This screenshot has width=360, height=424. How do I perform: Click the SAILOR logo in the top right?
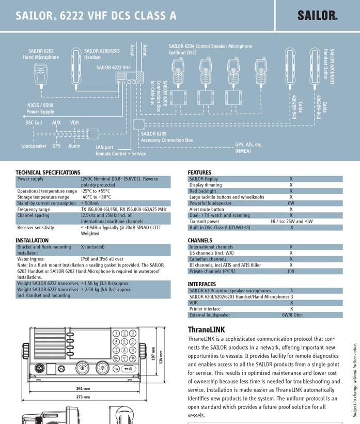(x=317, y=15)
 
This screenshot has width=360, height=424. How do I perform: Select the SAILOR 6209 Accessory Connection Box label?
(x=166, y=137)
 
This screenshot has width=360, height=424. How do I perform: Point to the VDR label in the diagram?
(x=74, y=122)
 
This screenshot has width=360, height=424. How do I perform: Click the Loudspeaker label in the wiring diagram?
(x=34, y=146)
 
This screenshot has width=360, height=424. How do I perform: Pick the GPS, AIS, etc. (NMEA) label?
(x=248, y=148)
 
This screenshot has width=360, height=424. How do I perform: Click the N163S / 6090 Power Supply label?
(x=40, y=108)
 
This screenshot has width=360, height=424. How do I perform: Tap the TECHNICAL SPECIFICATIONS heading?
(x=48, y=172)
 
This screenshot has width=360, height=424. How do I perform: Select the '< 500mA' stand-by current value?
(x=90, y=203)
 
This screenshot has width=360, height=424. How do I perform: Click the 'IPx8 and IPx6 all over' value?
(x=102, y=259)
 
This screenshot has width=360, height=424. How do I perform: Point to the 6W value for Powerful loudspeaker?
(x=291, y=203)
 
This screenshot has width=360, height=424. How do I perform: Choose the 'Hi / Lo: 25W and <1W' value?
(x=291, y=222)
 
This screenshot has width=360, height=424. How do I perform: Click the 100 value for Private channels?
(x=291, y=271)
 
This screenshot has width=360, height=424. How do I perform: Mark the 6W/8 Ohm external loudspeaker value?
(x=292, y=315)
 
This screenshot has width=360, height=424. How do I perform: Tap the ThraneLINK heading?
(x=206, y=329)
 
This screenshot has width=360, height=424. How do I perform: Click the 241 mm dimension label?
(x=83, y=388)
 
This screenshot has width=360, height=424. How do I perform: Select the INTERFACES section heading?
(x=202, y=284)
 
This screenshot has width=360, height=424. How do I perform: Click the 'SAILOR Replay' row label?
(x=204, y=179)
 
